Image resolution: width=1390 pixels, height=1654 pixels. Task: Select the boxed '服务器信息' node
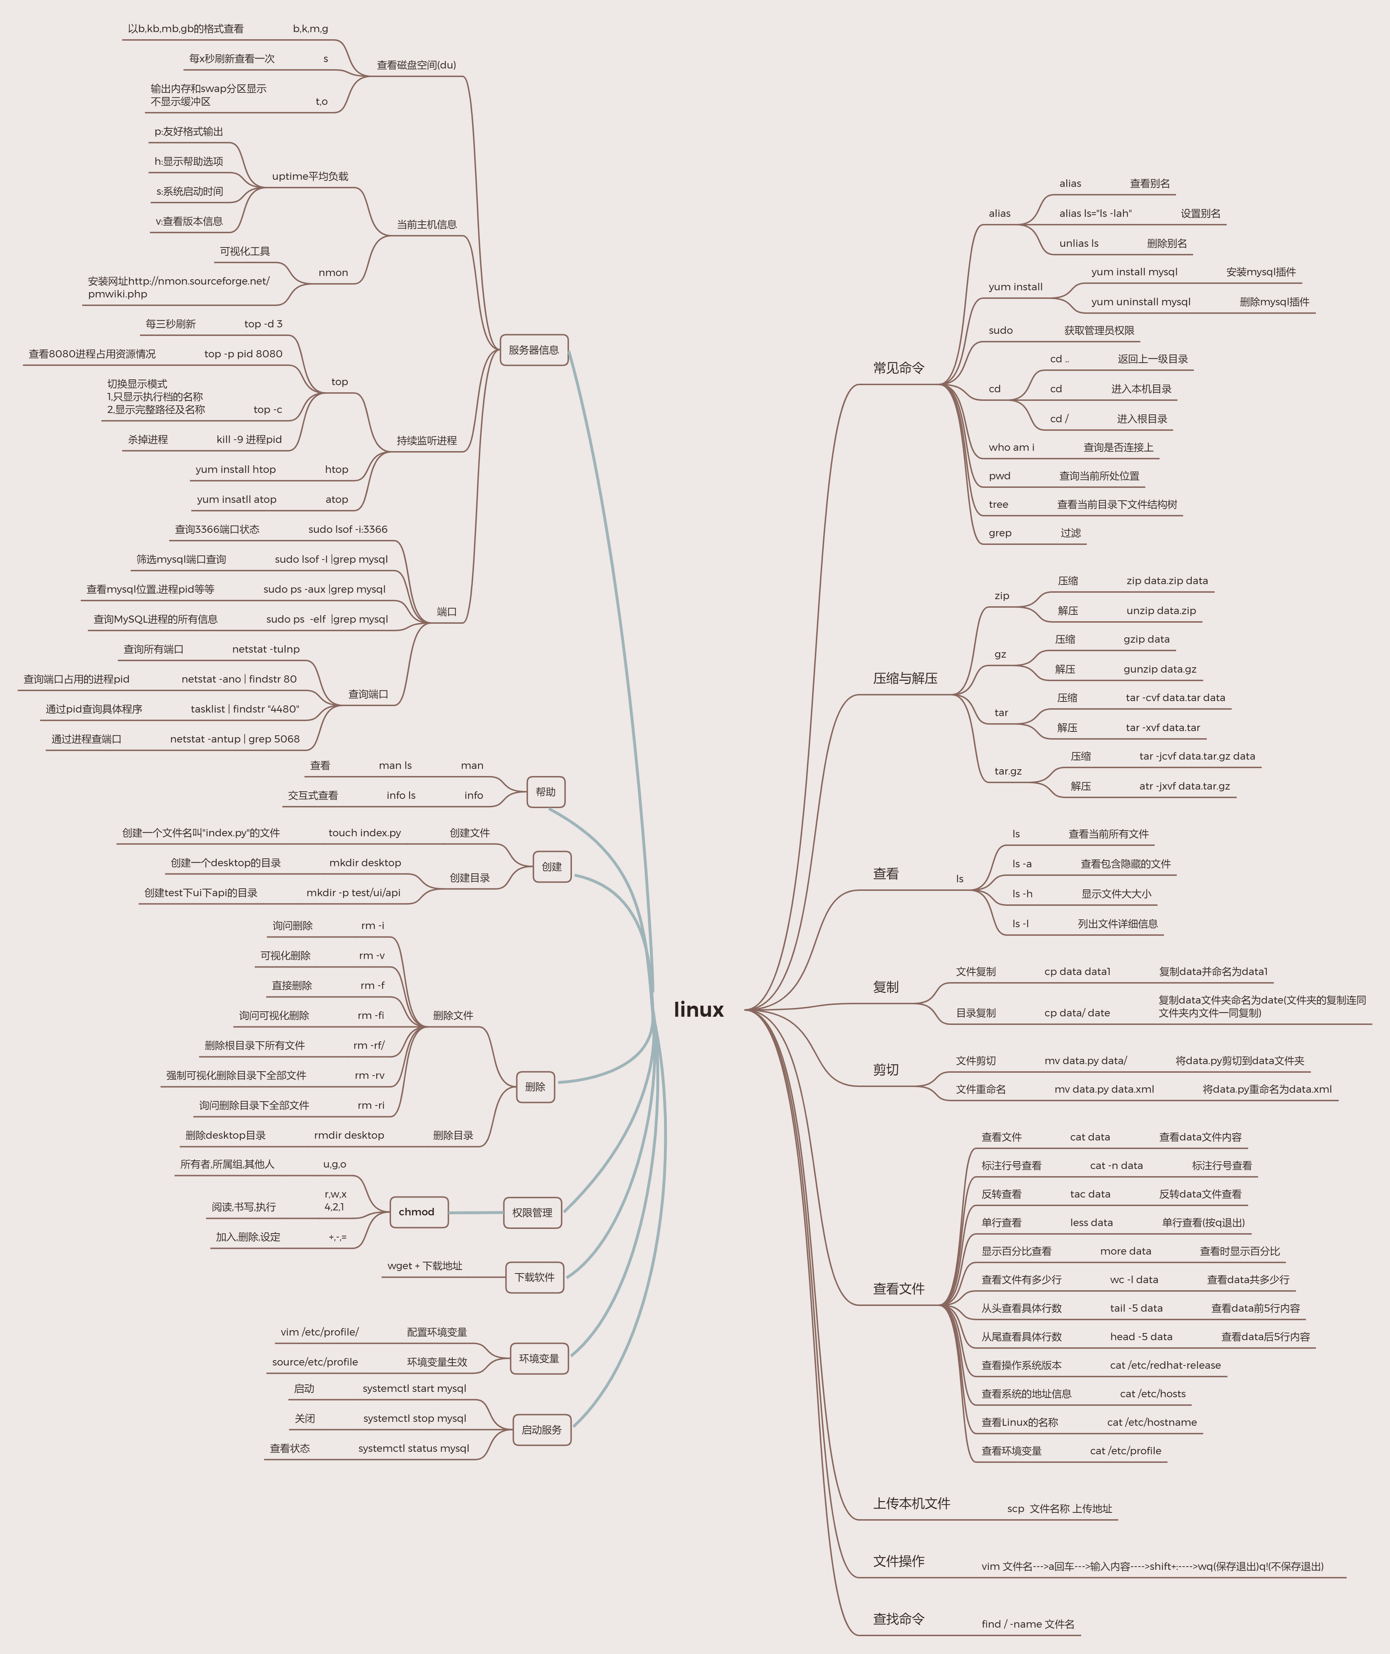tap(533, 350)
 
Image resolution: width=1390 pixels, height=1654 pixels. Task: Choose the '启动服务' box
tap(541, 1430)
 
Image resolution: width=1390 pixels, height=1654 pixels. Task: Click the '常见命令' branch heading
tap(898, 368)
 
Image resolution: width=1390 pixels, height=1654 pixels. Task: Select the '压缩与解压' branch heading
tap(904, 678)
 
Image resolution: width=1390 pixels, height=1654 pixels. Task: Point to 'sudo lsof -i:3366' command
tap(347, 529)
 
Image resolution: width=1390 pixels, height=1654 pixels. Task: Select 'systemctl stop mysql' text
tap(415, 1419)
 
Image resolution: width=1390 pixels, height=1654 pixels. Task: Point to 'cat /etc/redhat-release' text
tap(1165, 1365)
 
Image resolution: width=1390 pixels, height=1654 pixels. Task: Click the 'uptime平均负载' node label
tap(310, 177)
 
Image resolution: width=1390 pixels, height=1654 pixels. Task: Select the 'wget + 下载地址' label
tap(425, 1266)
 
